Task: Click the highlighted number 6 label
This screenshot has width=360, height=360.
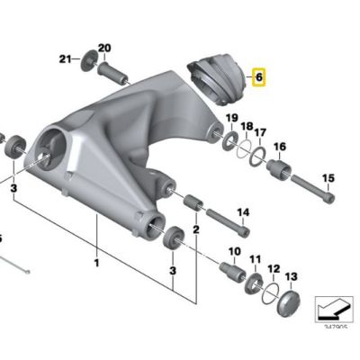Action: pos(258,78)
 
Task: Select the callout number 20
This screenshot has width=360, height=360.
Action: pos(103,48)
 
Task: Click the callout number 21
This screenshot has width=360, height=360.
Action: pos(65,59)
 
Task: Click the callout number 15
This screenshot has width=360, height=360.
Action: pos(328,178)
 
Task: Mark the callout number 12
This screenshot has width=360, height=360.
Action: pos(274,268)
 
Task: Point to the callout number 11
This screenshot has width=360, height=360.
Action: pos(255,260)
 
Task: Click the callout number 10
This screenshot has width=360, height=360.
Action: pos(235,251)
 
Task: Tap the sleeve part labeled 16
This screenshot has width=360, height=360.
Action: pos(274,170)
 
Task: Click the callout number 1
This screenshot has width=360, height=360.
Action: pos(97,264)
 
